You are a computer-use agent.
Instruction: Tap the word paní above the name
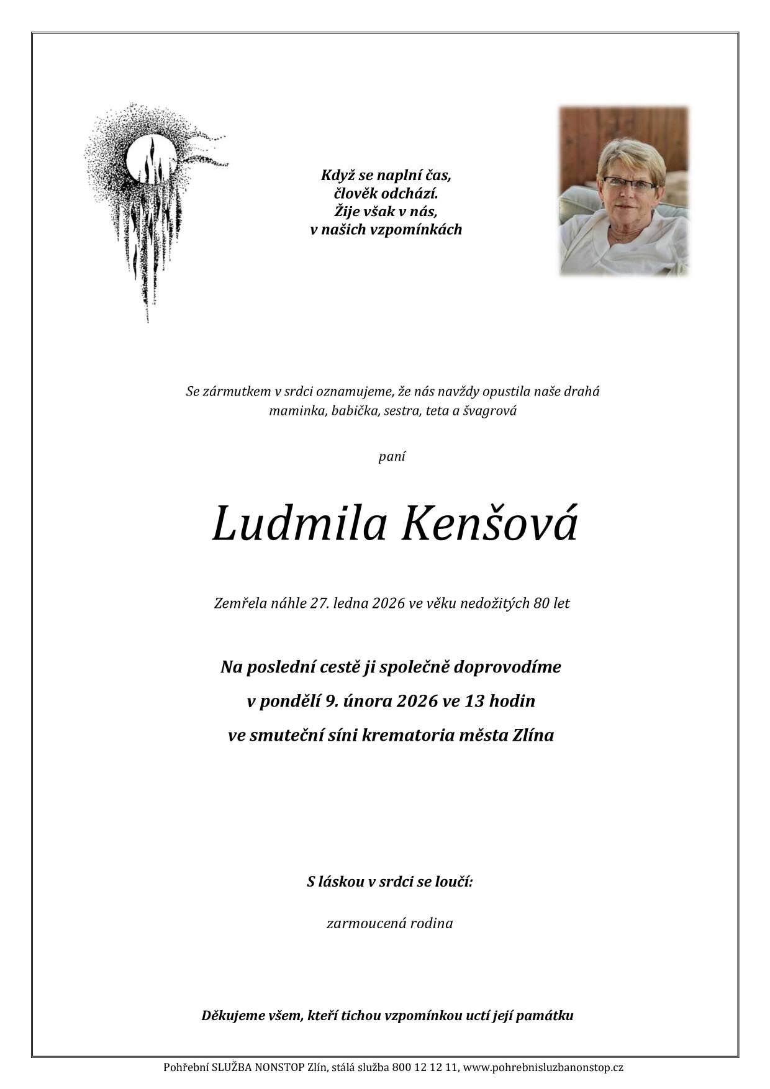[392, 456]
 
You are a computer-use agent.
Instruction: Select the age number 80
[541, 603]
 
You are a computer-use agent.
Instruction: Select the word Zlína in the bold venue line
[533, 736]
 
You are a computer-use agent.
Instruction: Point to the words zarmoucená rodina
[389, 923]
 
